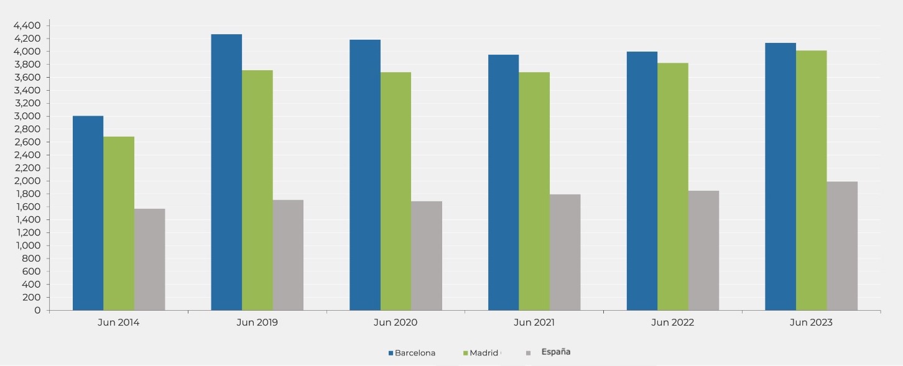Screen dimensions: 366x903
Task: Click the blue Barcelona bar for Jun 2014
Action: click(88, 213)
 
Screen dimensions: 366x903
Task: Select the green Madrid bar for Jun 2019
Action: click(257, 190)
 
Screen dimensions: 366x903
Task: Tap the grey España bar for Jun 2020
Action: click(426, 255)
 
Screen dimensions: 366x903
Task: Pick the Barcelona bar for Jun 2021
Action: click(503, 182)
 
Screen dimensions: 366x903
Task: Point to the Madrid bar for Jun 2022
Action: click(672, 186)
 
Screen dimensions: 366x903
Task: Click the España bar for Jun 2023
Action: click(841, 245)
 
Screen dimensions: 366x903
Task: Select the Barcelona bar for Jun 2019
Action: click(226, 172)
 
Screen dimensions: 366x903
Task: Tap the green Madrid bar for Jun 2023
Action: click(811, 180)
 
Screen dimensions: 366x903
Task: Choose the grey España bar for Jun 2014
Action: click(149, 259)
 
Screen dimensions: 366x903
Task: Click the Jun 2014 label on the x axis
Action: click(119, 323)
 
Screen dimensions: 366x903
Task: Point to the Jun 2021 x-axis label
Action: click(534, 323)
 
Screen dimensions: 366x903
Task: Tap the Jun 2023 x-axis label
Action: click(811, 323)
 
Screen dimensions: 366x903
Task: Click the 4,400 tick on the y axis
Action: click(27, 25)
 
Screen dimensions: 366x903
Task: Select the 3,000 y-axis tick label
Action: click(27, 116)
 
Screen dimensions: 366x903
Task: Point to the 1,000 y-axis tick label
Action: click(27, 245)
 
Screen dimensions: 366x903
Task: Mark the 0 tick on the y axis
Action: click(37, 310)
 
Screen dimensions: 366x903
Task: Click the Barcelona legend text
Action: click(415, 353)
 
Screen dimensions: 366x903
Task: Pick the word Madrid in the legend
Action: click(484, 353)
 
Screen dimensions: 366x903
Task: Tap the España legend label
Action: click(556, 352)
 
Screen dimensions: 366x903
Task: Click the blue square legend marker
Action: click(391, 353)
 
